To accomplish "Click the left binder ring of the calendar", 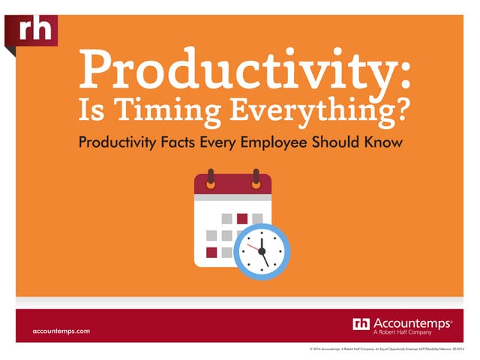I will pyautogui.click(x=210, y=181).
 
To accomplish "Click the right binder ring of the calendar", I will pyautogui.click(x=256, y=181).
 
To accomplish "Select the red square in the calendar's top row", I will pyautogui.click(x=241, y=218).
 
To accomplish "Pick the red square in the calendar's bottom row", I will pyautogui.click(x=211, y=252).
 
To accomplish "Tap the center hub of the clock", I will pyautogui.click(x=262, y=250).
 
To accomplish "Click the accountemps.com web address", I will pyautogui.click(x=61, y=331).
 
